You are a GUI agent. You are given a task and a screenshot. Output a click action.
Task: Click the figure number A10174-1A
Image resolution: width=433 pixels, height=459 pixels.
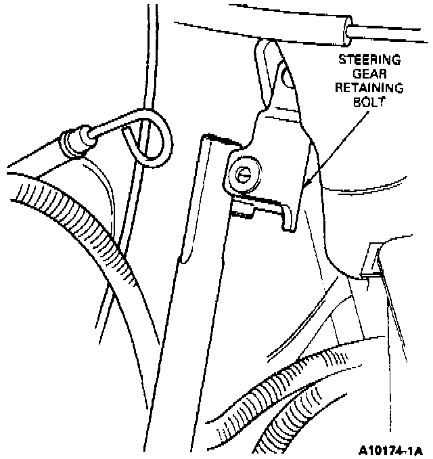(x=391, y=448)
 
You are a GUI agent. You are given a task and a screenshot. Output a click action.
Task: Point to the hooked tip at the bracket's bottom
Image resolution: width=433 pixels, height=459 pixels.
(x=289, y=224)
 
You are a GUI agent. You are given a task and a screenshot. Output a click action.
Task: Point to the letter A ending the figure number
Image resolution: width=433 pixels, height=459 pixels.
(x=418, y=448)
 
